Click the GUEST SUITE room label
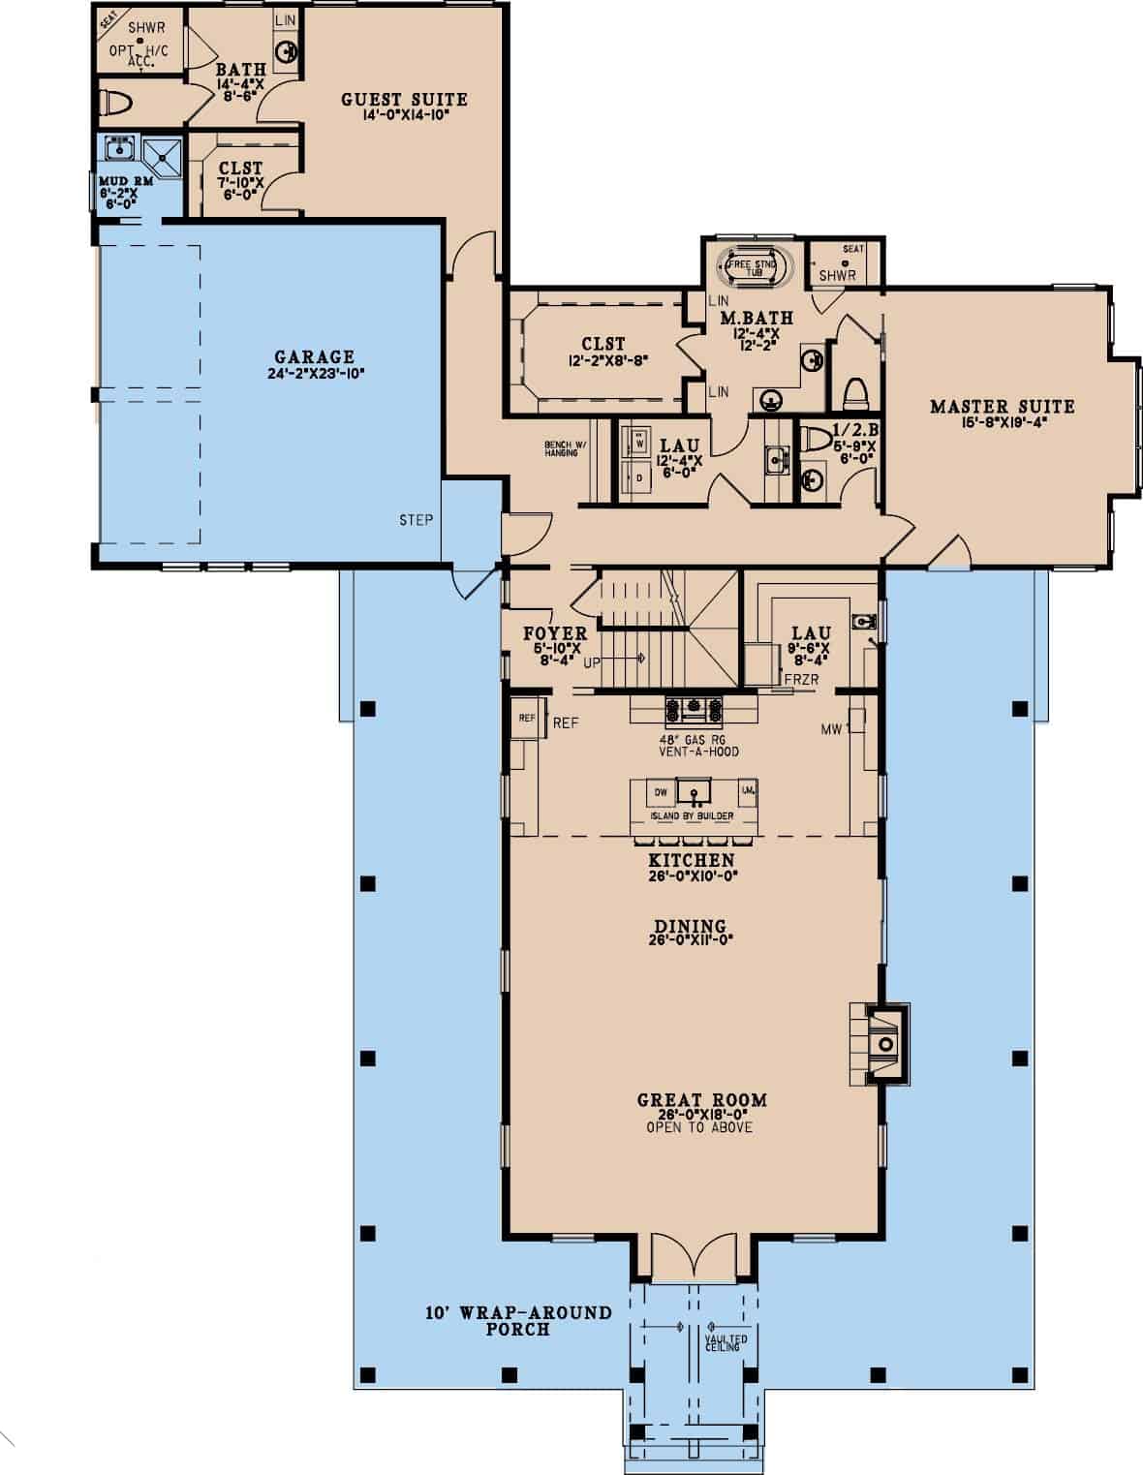pos(404,99)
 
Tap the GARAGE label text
pos(314,357)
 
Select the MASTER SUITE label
pos(1002,407)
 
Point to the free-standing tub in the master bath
pos(754,264)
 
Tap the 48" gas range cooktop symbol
pos(693,710)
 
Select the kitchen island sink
pos(695,793)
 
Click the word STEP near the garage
pos(416,520)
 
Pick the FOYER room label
pos(555,634)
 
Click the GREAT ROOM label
pos(701,1100)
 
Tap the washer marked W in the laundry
pos(639,442)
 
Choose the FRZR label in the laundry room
pos(801,680)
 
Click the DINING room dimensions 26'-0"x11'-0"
pos(690,938)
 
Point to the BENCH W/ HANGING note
pos(561,448)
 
